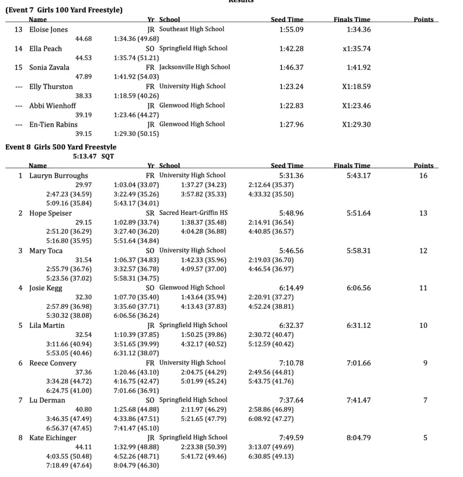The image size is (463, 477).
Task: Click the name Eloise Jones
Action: pyautogui.click(x=48, y=29)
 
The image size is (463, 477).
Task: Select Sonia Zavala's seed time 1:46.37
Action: pyautogui.click(x=291, y=68)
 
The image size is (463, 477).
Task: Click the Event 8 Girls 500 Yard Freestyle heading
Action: pyautogui.click(x=61, y=147)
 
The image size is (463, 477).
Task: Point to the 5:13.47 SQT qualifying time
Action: pyautogui.click(x=93, y=157)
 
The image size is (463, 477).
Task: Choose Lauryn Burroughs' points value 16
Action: pyautogui.click(x=423, y=176)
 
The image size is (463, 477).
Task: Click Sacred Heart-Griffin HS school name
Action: pyautogui.click(x=193, y=213)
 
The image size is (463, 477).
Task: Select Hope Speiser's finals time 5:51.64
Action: pyautogui.click(x=359, y=213)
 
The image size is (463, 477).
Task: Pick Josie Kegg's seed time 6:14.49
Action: pyautogui.click(x=291, y=288)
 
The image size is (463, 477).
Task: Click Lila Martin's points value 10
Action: pyautogui.click(x=423, y=325)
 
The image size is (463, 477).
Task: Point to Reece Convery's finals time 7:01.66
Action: pyautogui.click(x=359, y=363)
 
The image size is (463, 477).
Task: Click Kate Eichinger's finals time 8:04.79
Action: pyautogui.click(x=359, y=438)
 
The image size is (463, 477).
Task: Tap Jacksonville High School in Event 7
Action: pyautogui.click(x=194, y=67)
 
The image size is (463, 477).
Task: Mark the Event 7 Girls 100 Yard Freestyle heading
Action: pyautogui.click(x=64, y=10)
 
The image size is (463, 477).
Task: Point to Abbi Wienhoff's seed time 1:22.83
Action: pyautogui.click(x=291, y=106)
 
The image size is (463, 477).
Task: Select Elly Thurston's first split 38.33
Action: pyautogui.click(x=83, y=96)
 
